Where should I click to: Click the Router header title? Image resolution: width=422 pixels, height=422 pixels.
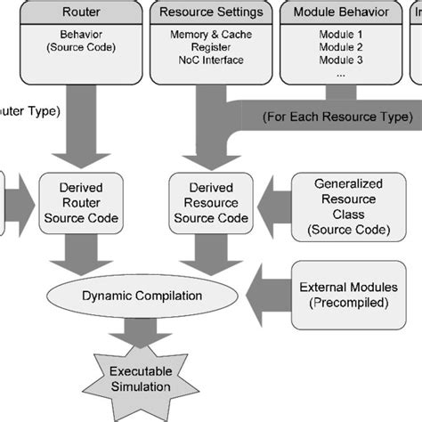point(81,12)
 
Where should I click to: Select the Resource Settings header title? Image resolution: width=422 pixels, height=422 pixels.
point(210,12)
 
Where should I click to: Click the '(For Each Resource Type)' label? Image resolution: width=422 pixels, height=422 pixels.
point(338,117)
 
